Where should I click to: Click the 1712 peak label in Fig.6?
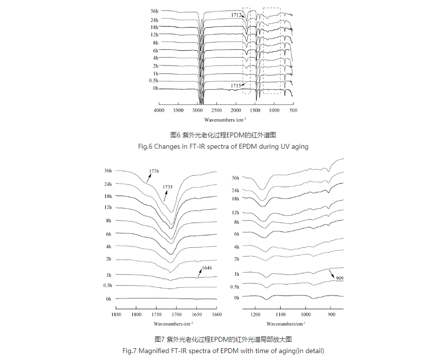point(236,15)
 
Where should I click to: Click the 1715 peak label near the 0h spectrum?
point(235,86)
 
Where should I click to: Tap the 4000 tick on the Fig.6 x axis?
point(159,111)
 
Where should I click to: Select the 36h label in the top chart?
point(155,11)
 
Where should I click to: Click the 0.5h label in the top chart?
point(154,81)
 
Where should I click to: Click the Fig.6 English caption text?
point(224,146)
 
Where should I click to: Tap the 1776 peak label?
point(154,171)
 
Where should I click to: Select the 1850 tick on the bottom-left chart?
point(116,314)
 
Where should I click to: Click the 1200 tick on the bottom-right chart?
point(255,314)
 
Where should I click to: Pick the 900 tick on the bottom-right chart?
point(331,314)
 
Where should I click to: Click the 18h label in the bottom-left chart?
point(108,196)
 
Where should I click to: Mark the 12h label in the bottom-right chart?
point(236,213)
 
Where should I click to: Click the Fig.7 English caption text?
point(224,351)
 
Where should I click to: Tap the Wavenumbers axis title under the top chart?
point(225,120)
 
